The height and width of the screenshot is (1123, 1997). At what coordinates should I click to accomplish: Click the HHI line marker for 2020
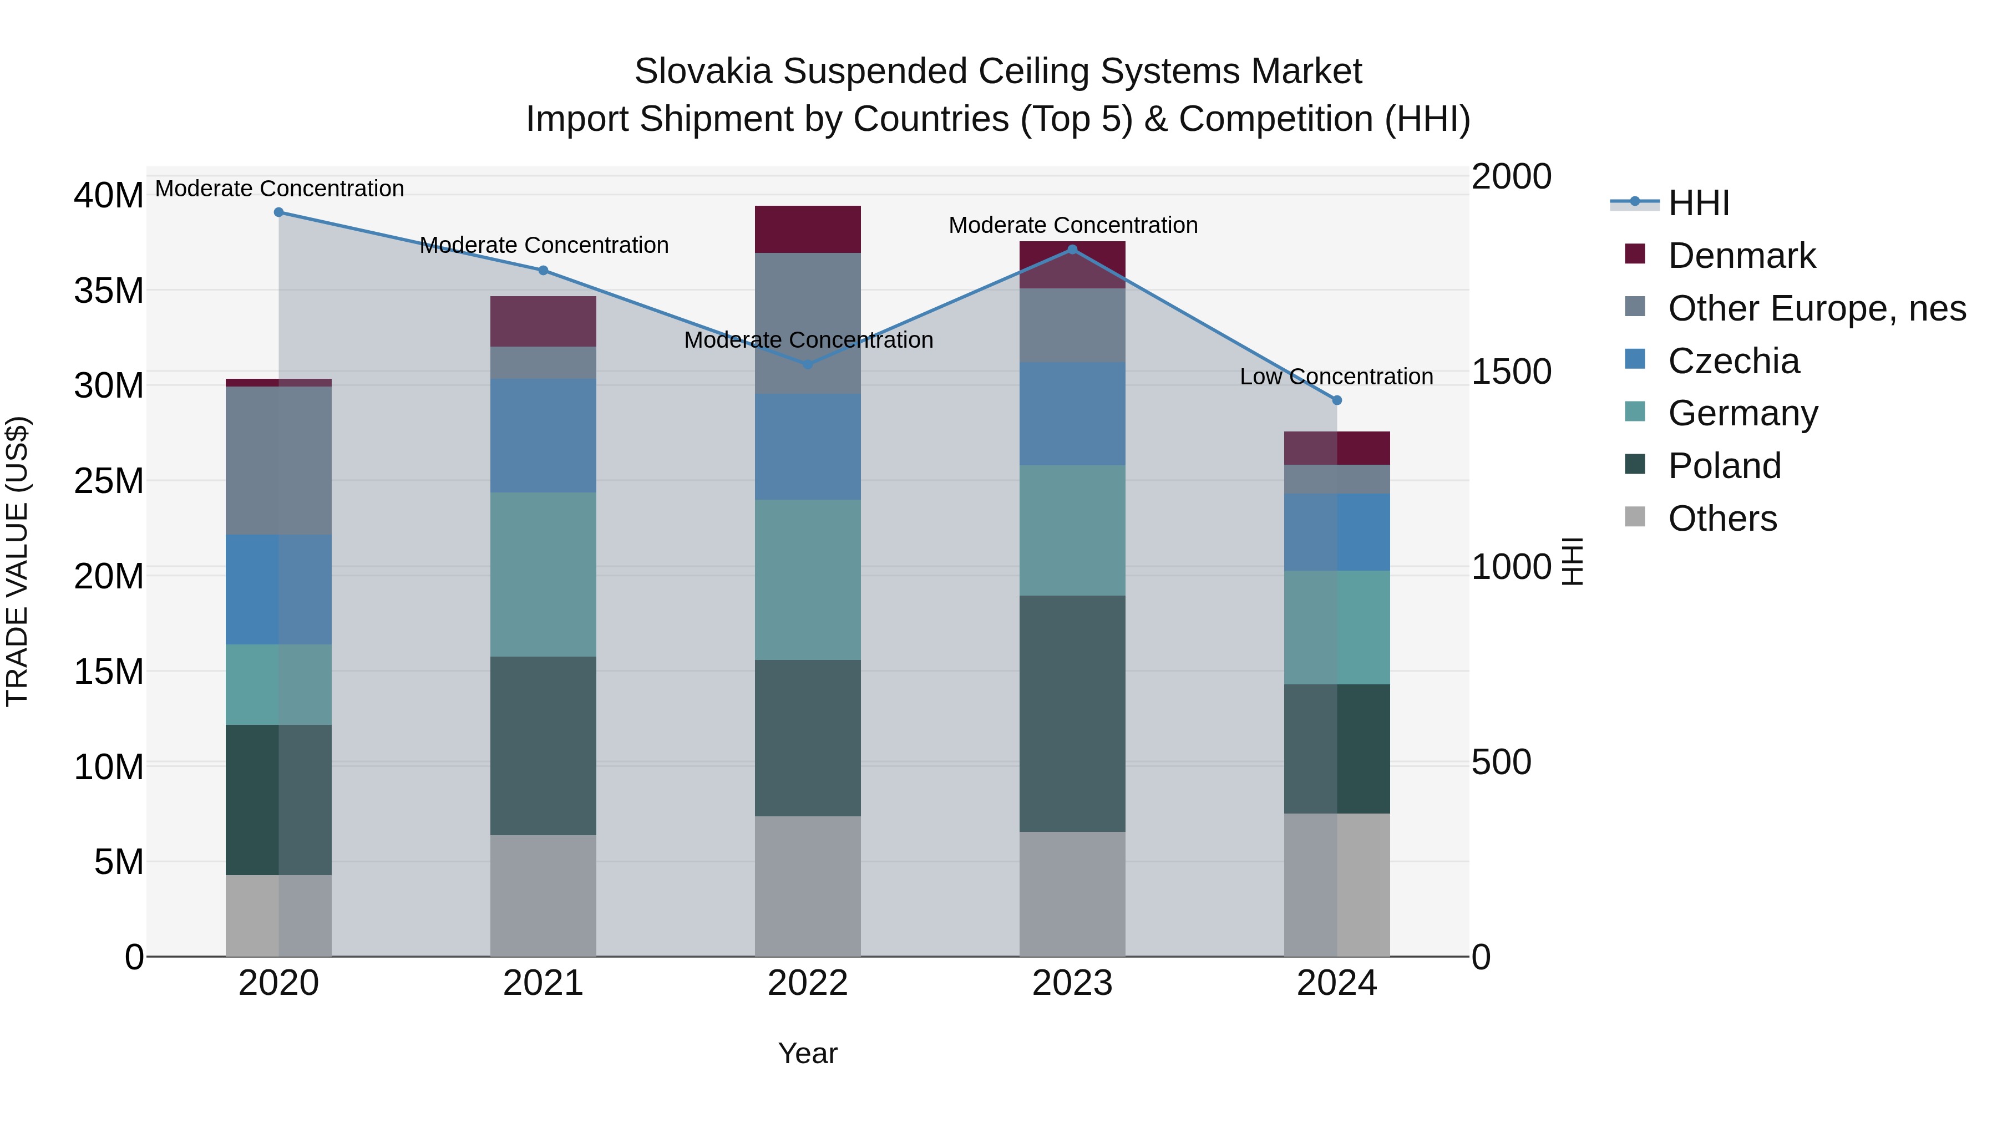(x=278, y=212)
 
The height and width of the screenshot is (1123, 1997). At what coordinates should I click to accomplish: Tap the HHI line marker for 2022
(x=808, y=363)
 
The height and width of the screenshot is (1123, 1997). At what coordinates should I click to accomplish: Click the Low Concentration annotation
(x=1336, y=377)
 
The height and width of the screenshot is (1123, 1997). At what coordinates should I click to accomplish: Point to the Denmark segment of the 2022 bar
(x=808, y=230)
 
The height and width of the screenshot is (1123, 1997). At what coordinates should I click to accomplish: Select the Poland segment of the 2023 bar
(x=1072, y=713)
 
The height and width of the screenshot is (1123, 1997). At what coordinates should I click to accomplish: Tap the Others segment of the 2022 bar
(x=808, y=886)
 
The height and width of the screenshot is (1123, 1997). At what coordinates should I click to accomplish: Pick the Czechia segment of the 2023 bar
(x=1072, y=414)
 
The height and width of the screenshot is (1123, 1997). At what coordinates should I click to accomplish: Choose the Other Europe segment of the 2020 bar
(x=278, y=460)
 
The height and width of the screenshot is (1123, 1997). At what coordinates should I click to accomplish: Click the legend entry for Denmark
(x=1741, y=256)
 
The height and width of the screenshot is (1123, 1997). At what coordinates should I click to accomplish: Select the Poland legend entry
(x=1724, y=466)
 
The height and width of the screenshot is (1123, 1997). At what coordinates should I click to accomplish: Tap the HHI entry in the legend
(x=1698, y=203)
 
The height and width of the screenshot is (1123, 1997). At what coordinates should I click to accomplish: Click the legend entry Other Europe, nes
(x=1816, y=308)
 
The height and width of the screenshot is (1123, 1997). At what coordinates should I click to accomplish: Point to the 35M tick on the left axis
(x=109, y=291)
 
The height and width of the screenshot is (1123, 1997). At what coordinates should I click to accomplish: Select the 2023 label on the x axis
(x=1072, y=983)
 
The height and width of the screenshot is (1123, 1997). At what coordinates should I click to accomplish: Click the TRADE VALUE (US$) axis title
(x=17, y=561)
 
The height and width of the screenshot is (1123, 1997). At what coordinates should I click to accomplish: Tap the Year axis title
(x=808, y=1053)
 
